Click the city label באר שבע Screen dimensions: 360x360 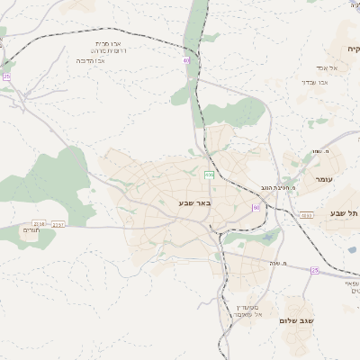tap(193, 203)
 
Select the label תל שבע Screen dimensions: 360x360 tap(343, 212)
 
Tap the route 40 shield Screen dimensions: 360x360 tap(186, 60)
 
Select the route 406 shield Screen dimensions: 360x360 tap(210, 175)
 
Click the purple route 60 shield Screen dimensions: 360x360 tap(256, 208)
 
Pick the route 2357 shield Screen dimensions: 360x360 tap(59, 224)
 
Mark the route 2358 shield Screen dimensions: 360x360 tap(39, 223)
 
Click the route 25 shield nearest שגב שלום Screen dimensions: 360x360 tap(314, 270)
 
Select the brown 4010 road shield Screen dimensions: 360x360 tap(307, 215)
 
